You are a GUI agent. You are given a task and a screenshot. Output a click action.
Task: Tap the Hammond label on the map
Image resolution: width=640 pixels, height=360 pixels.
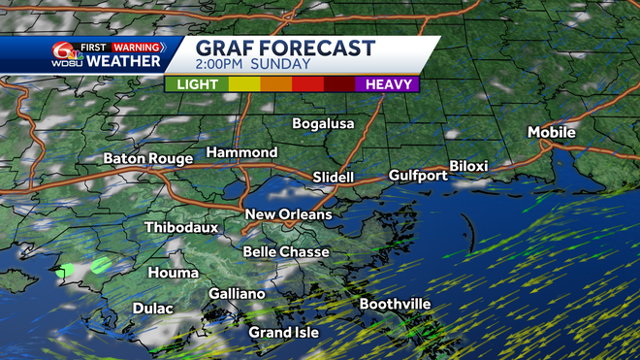241,152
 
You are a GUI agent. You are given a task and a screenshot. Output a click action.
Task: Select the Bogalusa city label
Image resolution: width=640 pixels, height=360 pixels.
324,123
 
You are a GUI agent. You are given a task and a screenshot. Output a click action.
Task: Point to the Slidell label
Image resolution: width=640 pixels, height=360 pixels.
334,178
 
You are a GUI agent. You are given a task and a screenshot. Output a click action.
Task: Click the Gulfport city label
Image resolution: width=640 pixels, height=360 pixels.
418,176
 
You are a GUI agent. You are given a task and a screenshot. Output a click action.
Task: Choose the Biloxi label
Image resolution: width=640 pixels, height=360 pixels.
468,166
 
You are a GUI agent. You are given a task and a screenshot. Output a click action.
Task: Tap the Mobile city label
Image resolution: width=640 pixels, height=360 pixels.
552,132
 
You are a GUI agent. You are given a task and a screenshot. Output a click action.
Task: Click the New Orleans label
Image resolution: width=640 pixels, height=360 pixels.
288,214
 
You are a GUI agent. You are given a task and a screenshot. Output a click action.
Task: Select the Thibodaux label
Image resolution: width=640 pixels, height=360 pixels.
181,228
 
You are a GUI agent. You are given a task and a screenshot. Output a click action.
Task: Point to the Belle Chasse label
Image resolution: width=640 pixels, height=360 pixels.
286,251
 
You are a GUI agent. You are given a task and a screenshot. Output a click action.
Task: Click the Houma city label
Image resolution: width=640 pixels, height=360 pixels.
173,273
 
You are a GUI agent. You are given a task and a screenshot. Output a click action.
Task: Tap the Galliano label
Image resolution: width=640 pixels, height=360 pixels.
237,294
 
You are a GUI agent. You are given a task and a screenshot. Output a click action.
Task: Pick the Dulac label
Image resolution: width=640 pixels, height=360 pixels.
152,309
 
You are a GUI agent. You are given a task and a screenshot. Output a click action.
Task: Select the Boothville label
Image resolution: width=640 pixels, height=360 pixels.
395,304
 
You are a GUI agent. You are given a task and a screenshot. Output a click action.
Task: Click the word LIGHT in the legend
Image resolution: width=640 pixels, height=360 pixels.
197,84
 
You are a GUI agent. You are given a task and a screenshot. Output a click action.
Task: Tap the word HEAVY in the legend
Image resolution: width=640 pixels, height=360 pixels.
387,84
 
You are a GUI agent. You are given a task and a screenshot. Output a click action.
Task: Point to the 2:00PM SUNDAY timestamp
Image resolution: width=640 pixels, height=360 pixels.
253,65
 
